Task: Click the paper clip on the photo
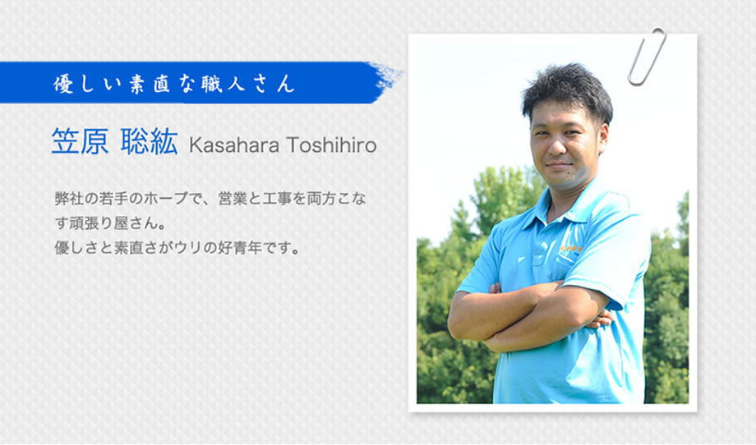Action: click(646, 57)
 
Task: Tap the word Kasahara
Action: click(234, 145)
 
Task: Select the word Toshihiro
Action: click(331, 145)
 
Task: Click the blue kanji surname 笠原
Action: click(80, 141)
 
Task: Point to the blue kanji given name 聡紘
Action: click(150, 141)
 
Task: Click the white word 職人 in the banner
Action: click(230, 84)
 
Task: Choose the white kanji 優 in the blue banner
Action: click(63, 84)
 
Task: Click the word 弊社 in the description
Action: click(69, 199)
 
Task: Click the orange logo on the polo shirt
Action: click(570, 249)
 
